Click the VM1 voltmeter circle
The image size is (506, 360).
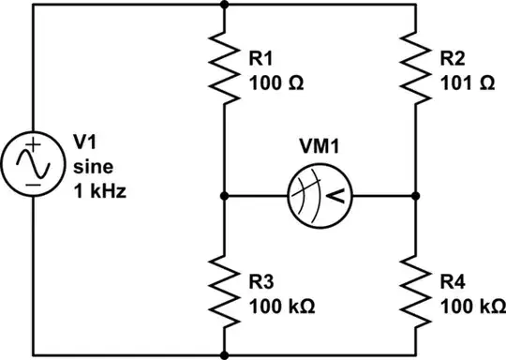point(320,196)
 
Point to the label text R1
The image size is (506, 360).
point(260,60)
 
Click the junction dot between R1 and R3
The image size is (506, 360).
point(225,196)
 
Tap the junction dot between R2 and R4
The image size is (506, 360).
point(416,196)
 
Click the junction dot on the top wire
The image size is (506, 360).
point(225,4)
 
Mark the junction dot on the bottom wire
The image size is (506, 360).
point(225,356)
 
